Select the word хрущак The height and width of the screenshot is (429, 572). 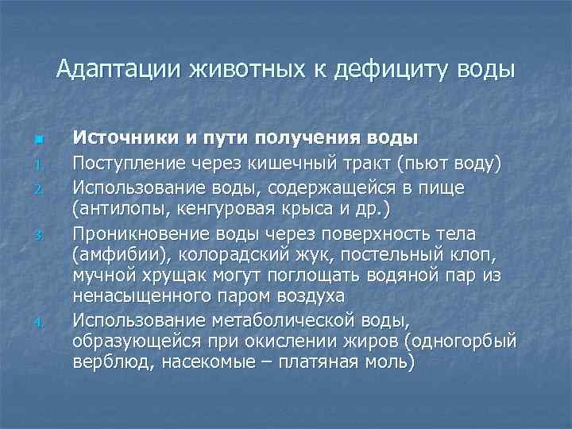(169, 276)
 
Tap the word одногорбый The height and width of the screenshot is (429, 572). (465, 342)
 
